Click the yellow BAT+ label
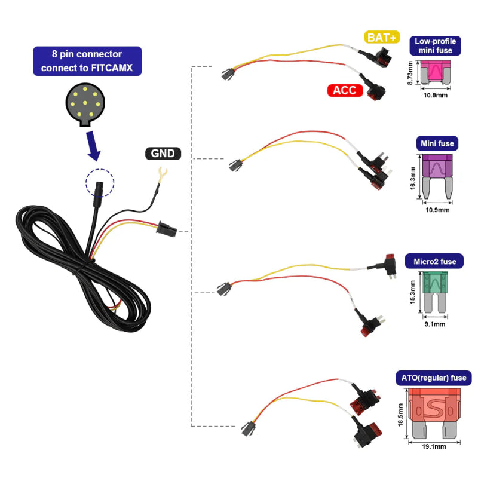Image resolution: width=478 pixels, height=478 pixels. click(x=382, y=38)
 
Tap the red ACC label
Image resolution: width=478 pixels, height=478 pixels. click(x=345, y=91)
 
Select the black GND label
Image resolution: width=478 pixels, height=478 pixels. click(x=163, y=154)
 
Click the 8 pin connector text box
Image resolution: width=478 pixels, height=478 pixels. click(x=87, y=61)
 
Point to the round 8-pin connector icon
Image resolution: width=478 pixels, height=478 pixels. click(x=87, y=104)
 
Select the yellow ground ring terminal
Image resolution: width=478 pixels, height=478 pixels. click(x=161, y=175)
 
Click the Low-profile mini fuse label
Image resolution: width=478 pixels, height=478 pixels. click(x=435, y=46)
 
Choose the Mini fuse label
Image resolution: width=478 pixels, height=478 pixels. click(x=437, y=143)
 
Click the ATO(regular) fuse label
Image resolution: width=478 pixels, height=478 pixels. click(x=433, y=378)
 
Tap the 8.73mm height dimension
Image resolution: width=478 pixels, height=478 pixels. click(x=410, y=76)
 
